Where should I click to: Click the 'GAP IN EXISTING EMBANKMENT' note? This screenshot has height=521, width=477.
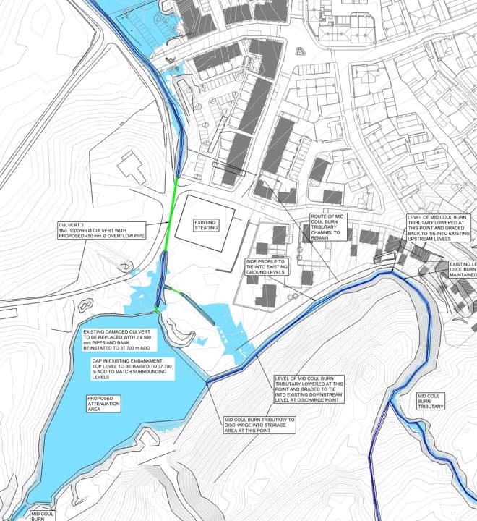click(126, 368)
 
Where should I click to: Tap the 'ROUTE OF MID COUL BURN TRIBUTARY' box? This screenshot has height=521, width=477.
click(329, 226)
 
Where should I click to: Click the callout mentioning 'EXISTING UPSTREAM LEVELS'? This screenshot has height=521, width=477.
click(439, 229)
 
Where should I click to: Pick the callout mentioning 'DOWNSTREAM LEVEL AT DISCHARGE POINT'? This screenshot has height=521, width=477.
click(309, 389)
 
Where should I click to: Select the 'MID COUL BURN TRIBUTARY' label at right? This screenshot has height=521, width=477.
click(431, 401)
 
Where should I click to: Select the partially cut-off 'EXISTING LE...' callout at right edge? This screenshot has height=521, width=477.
click(463, 270)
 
